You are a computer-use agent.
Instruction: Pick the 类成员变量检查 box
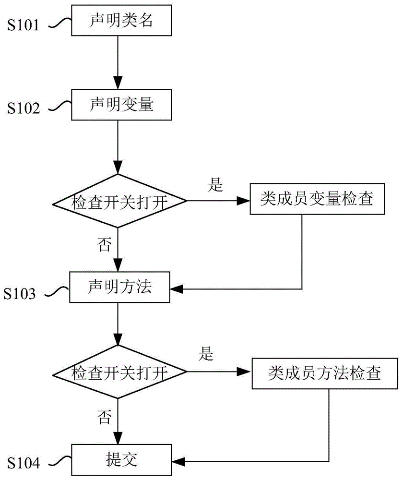coord(318,200)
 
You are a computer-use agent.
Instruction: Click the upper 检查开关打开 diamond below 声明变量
coord(119,201)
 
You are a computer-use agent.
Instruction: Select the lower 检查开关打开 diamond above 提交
coord(119,372)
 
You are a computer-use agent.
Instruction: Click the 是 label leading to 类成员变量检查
coord(216,184)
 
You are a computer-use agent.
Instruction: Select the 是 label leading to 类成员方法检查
coord(206,355)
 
